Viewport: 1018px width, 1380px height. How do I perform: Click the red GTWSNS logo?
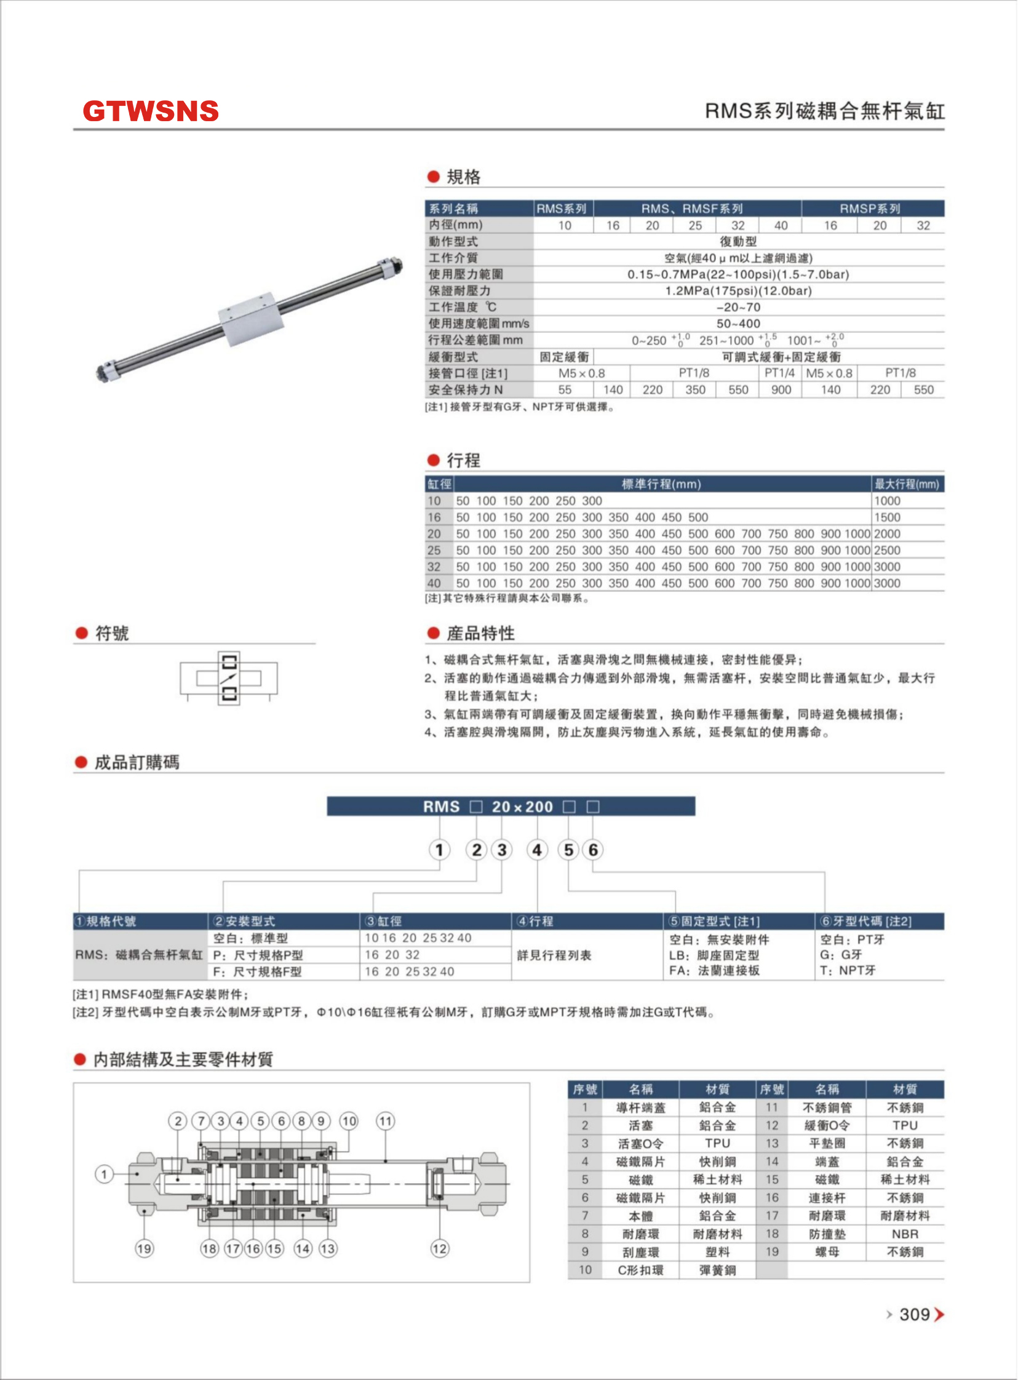click(150, 111)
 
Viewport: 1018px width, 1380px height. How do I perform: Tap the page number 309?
click(915, 1314)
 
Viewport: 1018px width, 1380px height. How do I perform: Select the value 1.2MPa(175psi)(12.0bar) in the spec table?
click(738, 291)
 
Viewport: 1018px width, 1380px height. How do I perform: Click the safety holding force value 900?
click(781, 389)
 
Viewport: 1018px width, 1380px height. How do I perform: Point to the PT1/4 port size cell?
click(779, 373)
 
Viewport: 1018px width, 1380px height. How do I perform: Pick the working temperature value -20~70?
click(738, 307)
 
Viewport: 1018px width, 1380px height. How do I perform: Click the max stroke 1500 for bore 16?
click(888, 517)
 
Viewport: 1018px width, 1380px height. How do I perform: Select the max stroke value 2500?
click(888, 550)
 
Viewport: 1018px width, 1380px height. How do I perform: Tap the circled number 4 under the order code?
click(538, 850)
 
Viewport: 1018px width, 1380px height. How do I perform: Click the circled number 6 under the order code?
click(593, 850)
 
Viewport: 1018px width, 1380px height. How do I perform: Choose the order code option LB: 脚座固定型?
click(714, 955)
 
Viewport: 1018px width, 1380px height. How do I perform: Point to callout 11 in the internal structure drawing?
click(386, 1121)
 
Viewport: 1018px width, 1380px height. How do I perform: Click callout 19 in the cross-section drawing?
click(144, 1249)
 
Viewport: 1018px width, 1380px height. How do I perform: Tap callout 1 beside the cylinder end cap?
click(104, 1174)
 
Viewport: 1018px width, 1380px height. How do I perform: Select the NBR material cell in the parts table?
click(905, 1234)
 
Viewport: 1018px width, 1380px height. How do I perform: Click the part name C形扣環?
click(641, 1270)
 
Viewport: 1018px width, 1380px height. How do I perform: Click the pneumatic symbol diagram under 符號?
click(229, 678)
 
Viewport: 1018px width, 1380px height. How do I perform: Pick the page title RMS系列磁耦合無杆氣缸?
click(824, 111)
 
